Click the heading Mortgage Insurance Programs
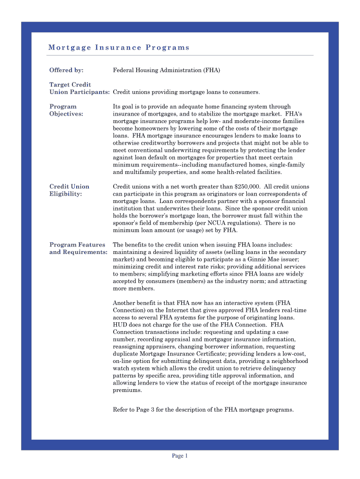click(x=119, y=47)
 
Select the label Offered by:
click(x=66, y=70)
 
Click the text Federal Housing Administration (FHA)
click(x=166, y=70)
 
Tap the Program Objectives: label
click(x=66, y=110)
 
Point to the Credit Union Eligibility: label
click(x=69, y=190)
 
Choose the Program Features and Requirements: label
click(x=78, y=248)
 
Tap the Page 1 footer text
click(x=180, y=456)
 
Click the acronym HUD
click(x=120, y=325)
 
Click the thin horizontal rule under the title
click(x=180, y=55)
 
